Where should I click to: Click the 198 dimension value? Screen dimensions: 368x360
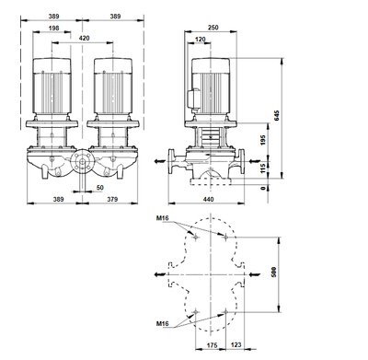(53, 29)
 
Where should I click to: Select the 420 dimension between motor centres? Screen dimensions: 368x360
(85, 38)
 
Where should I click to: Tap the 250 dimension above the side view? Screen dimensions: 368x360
(213, 28)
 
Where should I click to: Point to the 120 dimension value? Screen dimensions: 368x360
(201, 40)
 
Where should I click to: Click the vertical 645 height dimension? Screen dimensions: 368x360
(277, 115)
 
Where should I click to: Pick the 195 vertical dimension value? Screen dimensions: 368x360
(263, 140)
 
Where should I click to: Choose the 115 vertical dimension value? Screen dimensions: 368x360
(263, 168)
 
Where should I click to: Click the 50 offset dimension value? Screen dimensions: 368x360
(100, 187)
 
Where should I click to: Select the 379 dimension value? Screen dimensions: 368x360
(112, 199)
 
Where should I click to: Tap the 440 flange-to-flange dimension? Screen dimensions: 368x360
(208, 199)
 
